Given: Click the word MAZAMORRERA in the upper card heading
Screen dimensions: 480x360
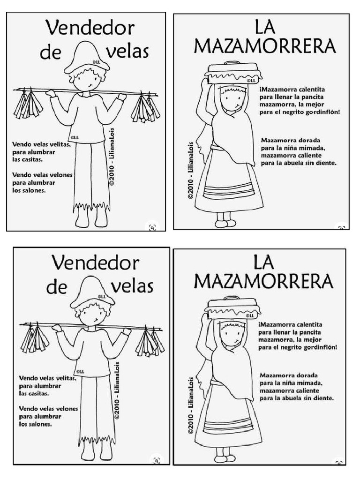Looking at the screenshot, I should [264, 46].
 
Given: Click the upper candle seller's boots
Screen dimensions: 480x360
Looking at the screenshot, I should [91, 219].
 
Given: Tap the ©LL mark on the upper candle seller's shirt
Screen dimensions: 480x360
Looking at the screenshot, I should [74, 137].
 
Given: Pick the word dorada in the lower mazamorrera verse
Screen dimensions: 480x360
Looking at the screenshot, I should [307, 375].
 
